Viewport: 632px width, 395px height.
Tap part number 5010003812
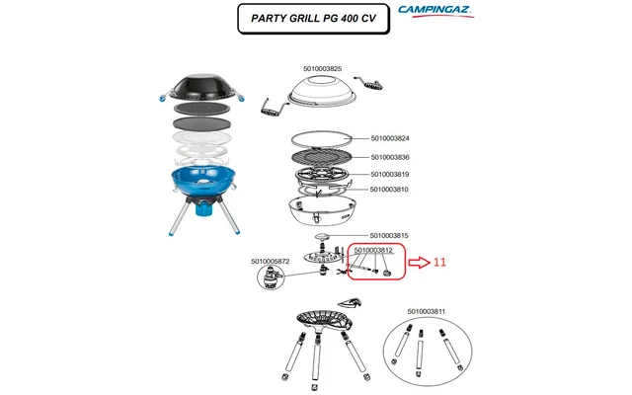tap(374, 251)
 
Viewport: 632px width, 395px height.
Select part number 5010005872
tap(273, 261)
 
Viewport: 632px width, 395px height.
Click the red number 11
tap(440, 263)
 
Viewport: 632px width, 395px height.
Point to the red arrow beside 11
tap(420, 263)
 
